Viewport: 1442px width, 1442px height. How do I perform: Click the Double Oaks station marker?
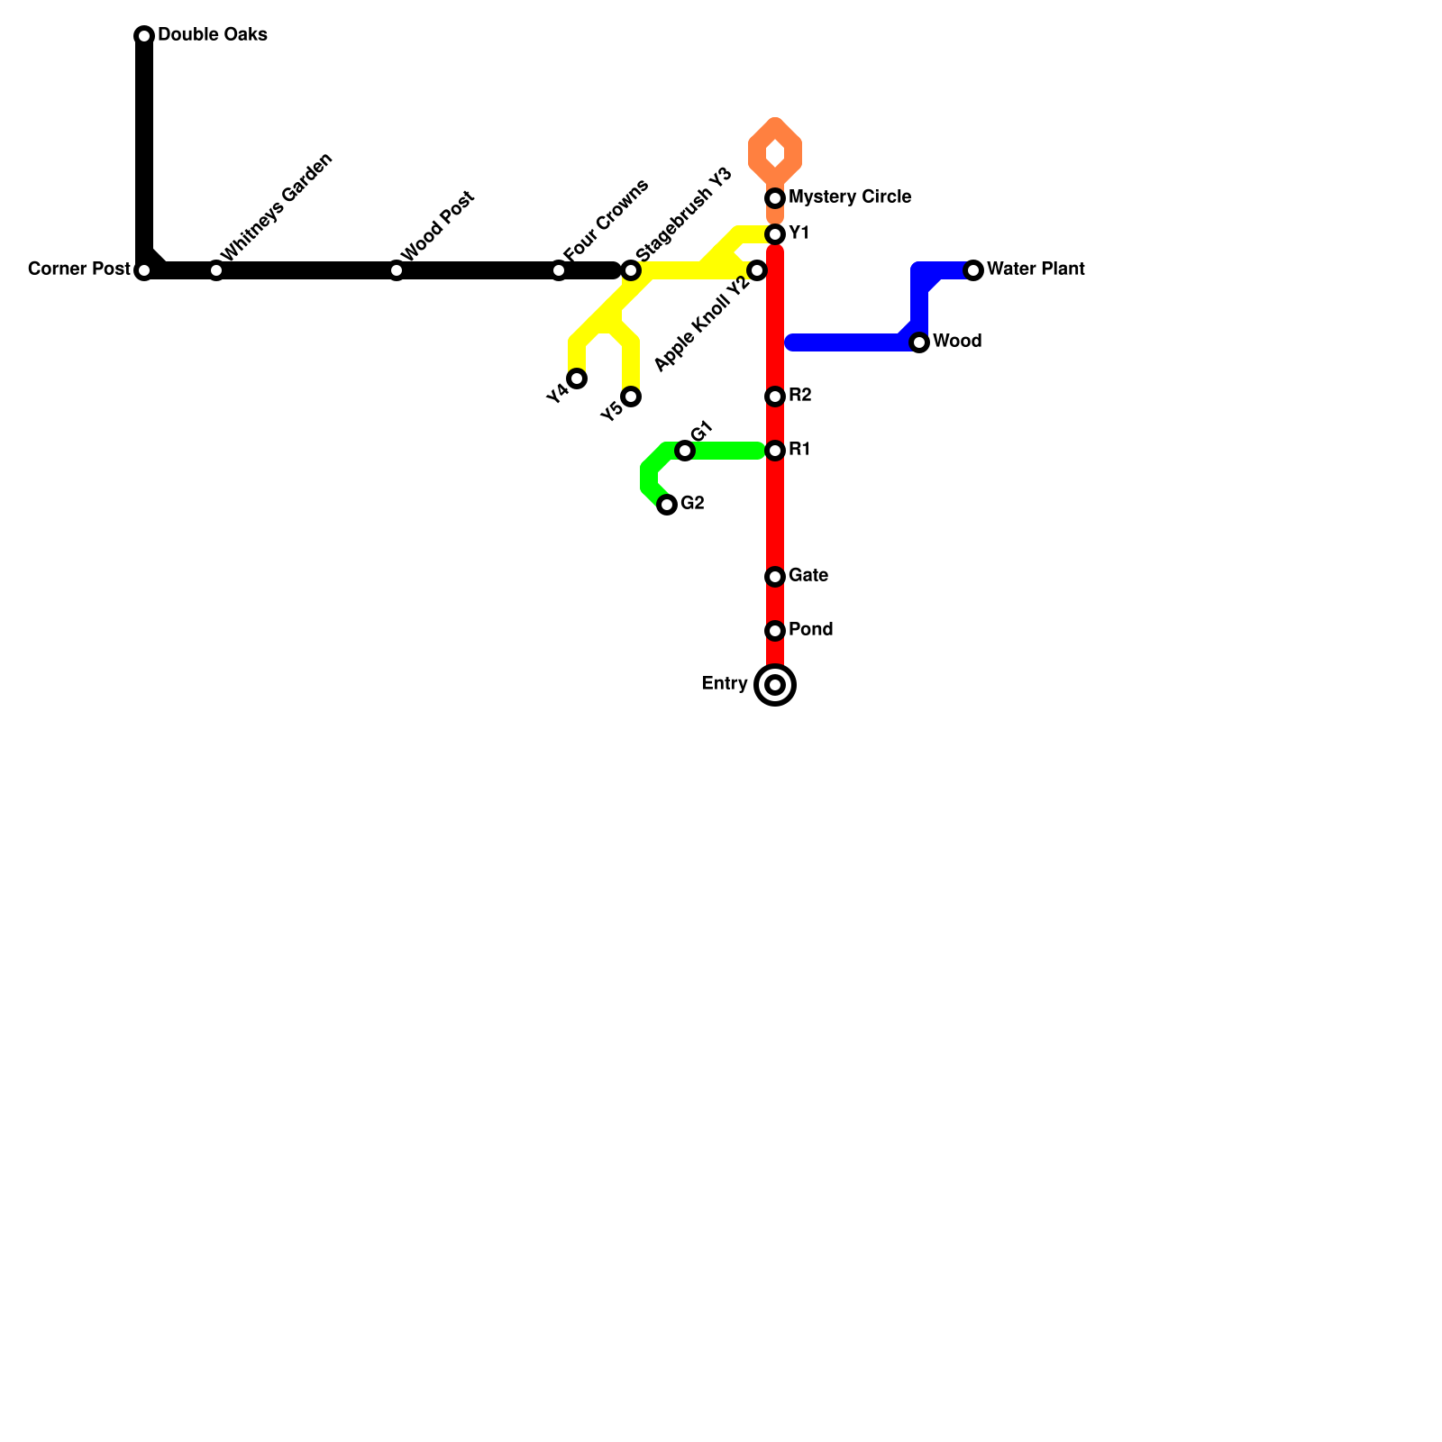(144, 36)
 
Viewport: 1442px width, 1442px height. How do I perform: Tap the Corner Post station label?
(79, 269)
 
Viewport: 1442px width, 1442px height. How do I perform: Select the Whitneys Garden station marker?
(216, 270)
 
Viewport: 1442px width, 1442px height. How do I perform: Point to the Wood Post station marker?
(397, 270)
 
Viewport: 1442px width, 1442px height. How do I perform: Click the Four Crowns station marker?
(559, 270)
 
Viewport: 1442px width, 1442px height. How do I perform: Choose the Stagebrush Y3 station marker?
(631, 270)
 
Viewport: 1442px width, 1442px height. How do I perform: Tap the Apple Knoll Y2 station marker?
(757, 270)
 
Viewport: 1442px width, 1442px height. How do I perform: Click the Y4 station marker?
(577, 379)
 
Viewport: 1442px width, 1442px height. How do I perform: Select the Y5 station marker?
(631, 397)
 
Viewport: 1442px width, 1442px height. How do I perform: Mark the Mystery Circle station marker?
(775, 198)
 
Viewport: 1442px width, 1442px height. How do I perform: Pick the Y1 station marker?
(775, 234)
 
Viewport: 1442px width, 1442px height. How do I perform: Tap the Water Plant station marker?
(973, 270)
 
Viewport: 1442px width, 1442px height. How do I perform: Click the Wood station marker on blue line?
(919, 342)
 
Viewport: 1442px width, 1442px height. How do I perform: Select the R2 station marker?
(775, 397)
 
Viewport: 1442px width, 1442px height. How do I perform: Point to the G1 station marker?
(685, 451)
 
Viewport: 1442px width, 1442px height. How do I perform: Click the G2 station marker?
(667, 505)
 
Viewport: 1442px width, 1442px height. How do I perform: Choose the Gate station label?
(808, 576)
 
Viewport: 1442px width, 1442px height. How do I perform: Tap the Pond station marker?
(775, 631)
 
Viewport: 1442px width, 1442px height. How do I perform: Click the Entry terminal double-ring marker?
(775, 685)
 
